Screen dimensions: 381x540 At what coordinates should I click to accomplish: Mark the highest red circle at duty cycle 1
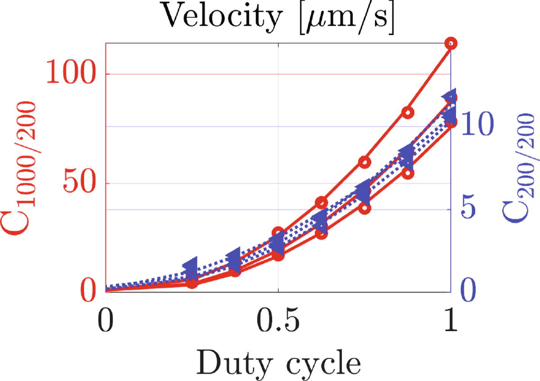click(x=451, y=44)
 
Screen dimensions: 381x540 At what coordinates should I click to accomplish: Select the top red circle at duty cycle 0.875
click(x=408, y=113)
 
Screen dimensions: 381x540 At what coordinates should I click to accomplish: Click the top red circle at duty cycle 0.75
click(x=365, y=162)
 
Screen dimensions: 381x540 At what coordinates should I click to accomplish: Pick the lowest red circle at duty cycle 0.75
click(x=365, y=208)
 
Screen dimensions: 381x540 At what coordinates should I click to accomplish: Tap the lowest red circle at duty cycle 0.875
click(x=408, y=174)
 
